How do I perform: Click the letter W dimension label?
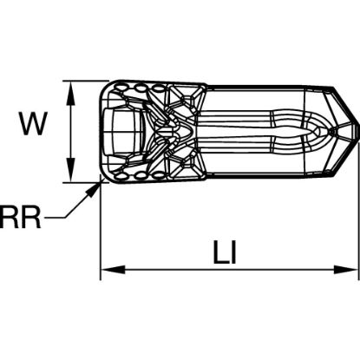[33, 124]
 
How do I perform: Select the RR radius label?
[20, 217]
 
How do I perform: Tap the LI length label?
[225, 252]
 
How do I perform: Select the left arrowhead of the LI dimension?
[113, 270]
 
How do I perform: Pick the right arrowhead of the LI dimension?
[346, 270]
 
